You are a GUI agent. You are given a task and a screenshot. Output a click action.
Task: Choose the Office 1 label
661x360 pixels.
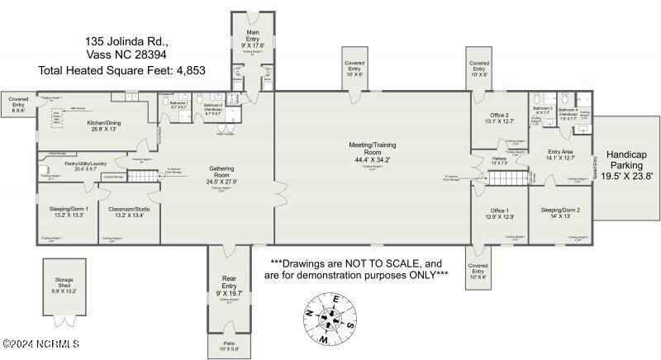(499, 211)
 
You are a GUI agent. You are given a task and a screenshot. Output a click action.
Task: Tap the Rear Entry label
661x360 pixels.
(230, 283)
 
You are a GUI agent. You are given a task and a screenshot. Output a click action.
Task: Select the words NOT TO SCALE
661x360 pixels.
(376, 264)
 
